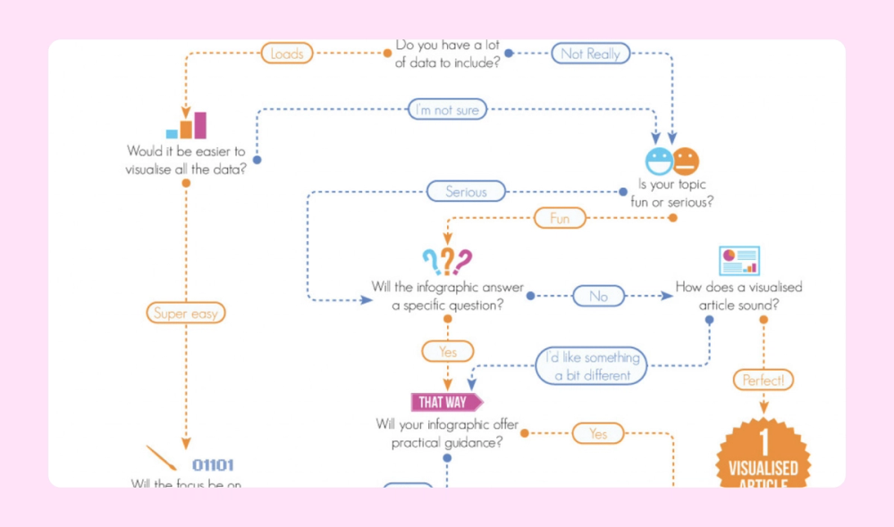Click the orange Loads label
[x=287, y=54]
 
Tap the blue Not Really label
[x=590, y=54]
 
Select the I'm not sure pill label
[x=448, y=110]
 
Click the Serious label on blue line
[x=466, y=191]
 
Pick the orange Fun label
[x=560, y=218]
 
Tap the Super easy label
[x=185, y=313]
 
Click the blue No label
[x=598, y=296]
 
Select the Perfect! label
[x=763, y=381]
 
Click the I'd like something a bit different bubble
[x=591, y=366]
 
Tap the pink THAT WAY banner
[x=445, y=402]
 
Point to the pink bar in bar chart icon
[x=200, y=125]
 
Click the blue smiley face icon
[x=659, y=161]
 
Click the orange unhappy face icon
[x=686, y=161]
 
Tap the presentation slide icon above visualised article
[x=739, y=261]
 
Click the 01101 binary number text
[x=213, y=465]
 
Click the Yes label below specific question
[x=448, y=352]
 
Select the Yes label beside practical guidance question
[x=598, y=434]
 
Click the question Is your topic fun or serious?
[x=672, y=194]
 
